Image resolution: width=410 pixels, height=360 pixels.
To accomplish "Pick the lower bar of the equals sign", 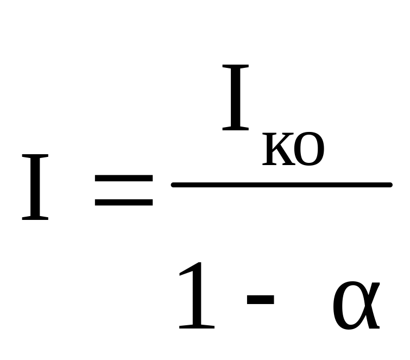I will [123, 204].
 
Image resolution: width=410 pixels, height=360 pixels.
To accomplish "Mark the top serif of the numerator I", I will [236, 67].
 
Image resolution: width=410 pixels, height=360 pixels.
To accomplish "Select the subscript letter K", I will [276, 150].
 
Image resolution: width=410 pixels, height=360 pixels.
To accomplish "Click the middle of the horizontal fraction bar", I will [281, 185].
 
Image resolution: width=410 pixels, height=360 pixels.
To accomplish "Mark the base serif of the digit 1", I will [197, 327].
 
